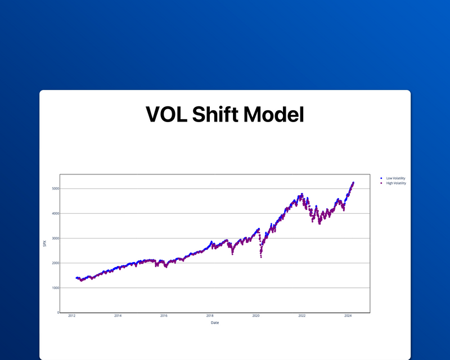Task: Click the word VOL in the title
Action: [165, 115]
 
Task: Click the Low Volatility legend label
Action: [395, 178]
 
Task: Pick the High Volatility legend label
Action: [396, 183]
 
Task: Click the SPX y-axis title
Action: [45, 243]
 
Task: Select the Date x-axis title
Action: [215, 323]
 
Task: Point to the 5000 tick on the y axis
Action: [55, 188]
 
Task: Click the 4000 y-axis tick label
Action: [55, 213]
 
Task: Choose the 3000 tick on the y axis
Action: [55, 238]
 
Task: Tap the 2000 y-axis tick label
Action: [55, 263]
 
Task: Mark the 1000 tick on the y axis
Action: [55, 287]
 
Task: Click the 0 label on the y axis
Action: [57, 312]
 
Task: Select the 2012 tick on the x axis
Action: [72, 316]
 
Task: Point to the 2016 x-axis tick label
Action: [164, 316]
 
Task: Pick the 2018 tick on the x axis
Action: [210, 316]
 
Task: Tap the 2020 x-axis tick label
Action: [256, 316]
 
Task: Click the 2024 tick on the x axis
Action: [348, 316]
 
